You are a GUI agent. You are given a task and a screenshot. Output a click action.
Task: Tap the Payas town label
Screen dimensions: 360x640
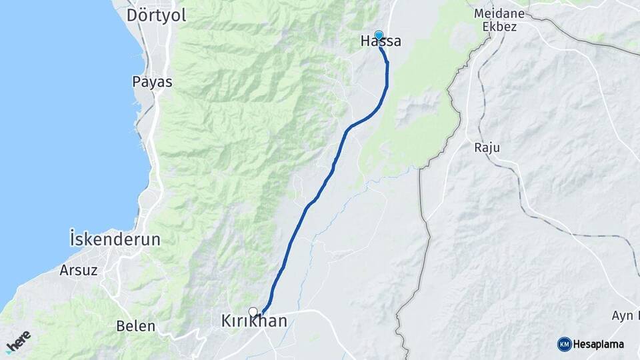pyautogui.click(x=152, y=82)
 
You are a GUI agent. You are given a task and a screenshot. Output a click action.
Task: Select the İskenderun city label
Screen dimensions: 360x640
pyautogui.click(x=115, y=239)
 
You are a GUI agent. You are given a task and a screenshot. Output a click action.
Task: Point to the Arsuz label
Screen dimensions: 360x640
pyautogui.click(x=79, y=270)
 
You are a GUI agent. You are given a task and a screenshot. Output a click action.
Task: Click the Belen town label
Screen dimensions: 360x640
pyautogui.click(x=135, y=326)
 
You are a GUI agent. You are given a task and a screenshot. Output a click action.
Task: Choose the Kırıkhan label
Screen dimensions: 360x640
pyautogui.click(x=254, y=321)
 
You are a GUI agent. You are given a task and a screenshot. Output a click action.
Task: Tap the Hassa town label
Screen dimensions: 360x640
pyautogui.click(x=381, y=41)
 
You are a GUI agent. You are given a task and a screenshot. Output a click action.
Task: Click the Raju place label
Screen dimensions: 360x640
pyautogui.click(x=487, y=147)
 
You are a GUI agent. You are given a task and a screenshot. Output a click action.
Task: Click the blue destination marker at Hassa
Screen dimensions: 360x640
pyautogui.click(x=379, y=35)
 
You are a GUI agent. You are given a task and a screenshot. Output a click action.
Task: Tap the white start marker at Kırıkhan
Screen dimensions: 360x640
pyautogui.click(x=253, y=311)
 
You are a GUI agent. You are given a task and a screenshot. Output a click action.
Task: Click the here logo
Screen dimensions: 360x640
pyautogui.click(x=18, y=341)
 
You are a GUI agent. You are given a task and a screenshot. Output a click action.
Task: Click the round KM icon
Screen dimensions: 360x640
pyautogui.click(x=564, y=344)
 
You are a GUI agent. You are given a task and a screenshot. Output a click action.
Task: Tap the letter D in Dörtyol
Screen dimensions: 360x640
pyautogui.click(x=132, y=15)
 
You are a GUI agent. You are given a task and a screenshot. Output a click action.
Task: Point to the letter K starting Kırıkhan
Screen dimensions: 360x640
pyautogui.click(x=226, y=321)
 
